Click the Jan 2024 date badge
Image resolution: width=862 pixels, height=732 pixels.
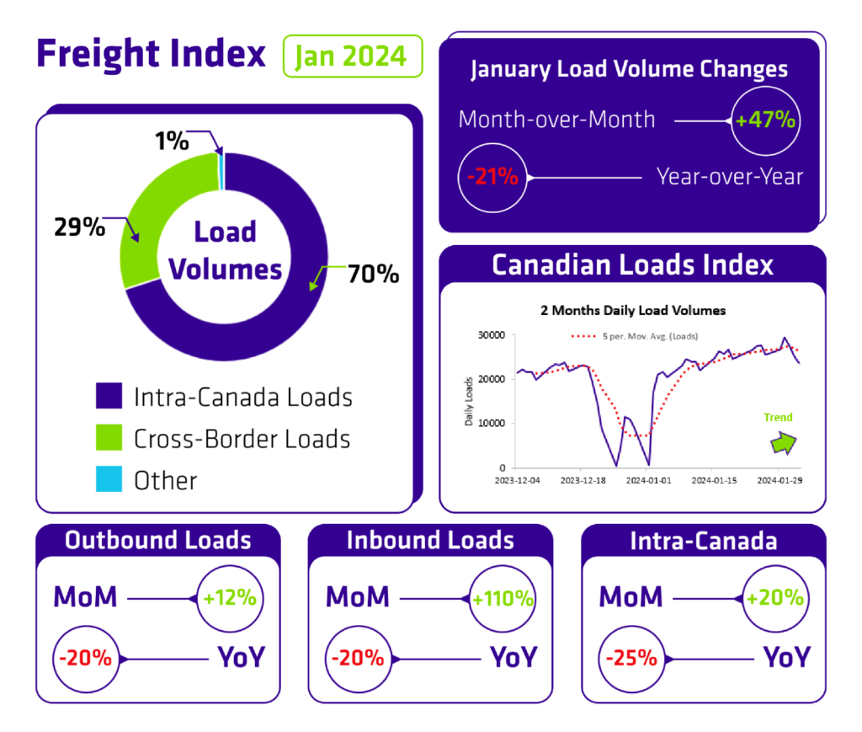point(353,56)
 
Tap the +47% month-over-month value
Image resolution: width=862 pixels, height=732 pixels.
point(765,120)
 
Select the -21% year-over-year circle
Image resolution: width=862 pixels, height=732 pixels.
point(492,178)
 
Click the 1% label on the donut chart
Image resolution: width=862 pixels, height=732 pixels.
point(172,141)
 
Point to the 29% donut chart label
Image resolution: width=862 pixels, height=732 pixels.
point(79,227)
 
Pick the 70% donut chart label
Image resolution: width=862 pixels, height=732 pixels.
point(373,274)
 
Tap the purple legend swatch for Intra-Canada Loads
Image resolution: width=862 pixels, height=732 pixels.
point(109,396)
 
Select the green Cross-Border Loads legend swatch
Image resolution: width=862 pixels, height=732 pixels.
point(109,438)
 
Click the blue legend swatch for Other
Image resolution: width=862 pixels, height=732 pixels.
point(109,479)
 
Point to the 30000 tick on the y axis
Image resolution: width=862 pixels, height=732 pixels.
point(492,335)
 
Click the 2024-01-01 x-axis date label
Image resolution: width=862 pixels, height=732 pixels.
point(649,481)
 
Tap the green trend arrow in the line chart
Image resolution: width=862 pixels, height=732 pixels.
point(784,443)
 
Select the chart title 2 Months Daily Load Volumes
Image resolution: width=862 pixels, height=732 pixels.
point(633,311)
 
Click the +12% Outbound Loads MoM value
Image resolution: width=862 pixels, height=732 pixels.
point(230,598)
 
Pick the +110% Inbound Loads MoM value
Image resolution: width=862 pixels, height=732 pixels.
point(503,598)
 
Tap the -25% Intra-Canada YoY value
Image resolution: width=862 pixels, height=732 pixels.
point(631,658)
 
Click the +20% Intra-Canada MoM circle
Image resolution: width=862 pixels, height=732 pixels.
point(775,598)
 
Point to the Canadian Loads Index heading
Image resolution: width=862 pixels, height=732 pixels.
point(632,265)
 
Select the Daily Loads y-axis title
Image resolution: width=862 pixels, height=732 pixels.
point(469,402)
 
